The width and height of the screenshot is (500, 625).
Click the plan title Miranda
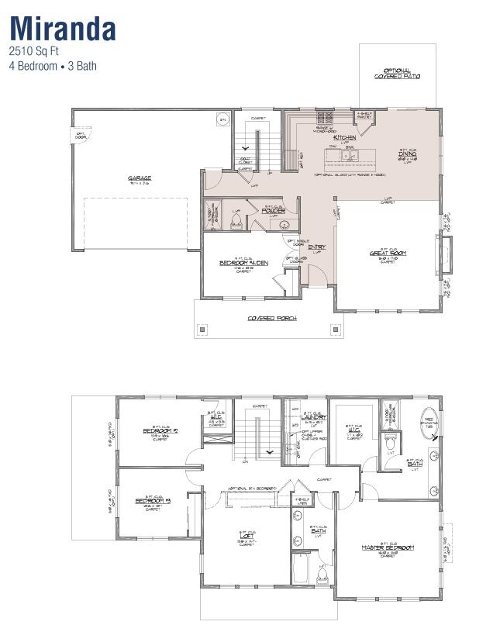click(63, 28)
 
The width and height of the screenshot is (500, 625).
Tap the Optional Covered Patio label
click(397, 74)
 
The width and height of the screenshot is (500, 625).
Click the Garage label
click(140, 178)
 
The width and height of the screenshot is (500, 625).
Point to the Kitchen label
click(345, 137)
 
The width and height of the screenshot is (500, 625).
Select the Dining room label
click(408, 154)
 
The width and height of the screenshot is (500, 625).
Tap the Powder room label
click(274, 210)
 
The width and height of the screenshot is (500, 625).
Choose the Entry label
click(317, 247)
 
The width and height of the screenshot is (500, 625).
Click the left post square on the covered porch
click(203, 329)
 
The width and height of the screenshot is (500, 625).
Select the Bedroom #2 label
click(160, 430)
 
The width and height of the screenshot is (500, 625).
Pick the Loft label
click(247, 534)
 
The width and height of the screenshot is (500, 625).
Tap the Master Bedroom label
click(388, 547)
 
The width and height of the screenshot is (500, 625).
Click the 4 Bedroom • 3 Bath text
click(53, 67)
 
